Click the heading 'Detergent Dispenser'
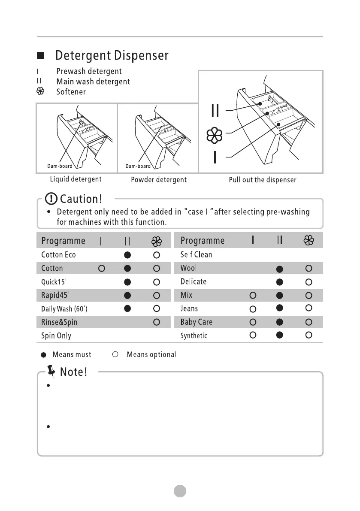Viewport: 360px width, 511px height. (x=112, y=56)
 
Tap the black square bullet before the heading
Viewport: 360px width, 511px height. (x=40, y=56)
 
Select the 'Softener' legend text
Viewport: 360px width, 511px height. (x=71, y=92)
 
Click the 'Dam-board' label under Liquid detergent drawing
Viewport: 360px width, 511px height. (x=60, y=166)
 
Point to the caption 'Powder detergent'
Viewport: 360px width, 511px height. (x=158, y=180)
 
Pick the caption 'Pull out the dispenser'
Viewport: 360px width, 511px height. (x=262, y=180)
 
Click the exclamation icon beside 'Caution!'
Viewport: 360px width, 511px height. (x=52, y=199)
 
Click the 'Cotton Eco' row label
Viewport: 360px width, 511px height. (x=58, y=255)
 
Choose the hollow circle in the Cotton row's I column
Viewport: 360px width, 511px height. (x=101, y=269)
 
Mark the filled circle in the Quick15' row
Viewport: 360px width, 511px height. (x=127, y=282)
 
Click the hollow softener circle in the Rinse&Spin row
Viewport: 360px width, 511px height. (x=157, y=322)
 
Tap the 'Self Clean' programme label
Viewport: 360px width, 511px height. (x=196, y=254)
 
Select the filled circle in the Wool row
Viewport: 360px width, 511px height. (x=279, y=269)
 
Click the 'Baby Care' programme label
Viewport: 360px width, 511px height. (x=196, y=322)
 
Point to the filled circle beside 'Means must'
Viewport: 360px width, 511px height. (x=44, y=355)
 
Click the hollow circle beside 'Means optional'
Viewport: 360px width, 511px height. (x=115, y=355)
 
